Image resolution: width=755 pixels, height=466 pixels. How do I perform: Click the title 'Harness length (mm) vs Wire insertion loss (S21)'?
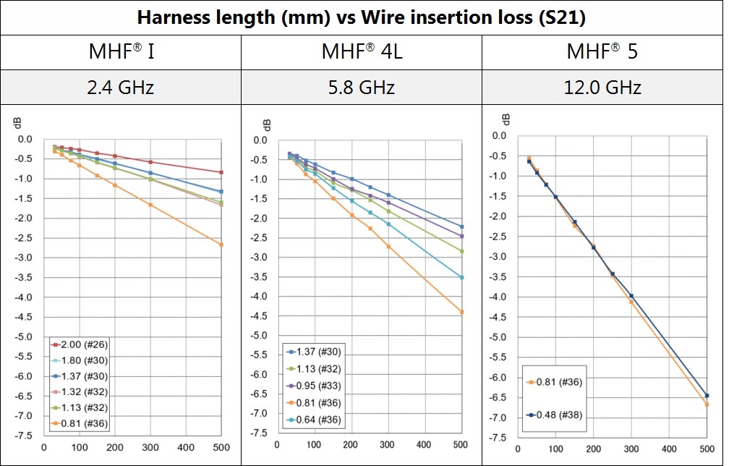coord(362,17)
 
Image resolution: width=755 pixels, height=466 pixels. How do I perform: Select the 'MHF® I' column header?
coord(121,52)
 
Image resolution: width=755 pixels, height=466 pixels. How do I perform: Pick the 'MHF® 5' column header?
coord(602,52)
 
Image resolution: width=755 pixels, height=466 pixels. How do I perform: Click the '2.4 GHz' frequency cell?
coord(121,88)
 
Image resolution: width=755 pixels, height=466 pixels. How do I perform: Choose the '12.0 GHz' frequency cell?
coord(602,88)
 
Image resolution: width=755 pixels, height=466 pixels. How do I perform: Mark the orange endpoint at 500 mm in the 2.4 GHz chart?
coord(221,245)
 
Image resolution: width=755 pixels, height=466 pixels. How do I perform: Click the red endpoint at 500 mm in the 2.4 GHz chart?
coord(221,172)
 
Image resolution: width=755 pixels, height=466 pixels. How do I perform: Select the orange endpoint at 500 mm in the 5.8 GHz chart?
coord(461,312)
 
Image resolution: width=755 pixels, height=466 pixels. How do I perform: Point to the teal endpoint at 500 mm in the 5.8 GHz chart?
coord(461,277)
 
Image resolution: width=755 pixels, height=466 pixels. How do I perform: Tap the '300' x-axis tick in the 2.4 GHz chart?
coord(150,447)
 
